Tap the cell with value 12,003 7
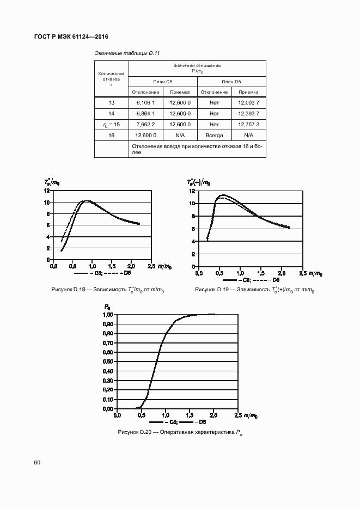[248, 102]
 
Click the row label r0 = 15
[111, 124]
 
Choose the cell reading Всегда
[214, 135]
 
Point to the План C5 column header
[162, 81]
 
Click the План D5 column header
[231, 81]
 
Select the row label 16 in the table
[111, 135]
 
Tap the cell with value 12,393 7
[248, 113]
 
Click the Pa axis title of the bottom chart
[107, 308]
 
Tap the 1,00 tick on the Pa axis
[108, 315]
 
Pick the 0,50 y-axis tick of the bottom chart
[108, 361]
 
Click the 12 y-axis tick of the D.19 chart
[192, 191]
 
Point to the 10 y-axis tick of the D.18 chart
[47, 203]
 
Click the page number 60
[37, 463]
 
